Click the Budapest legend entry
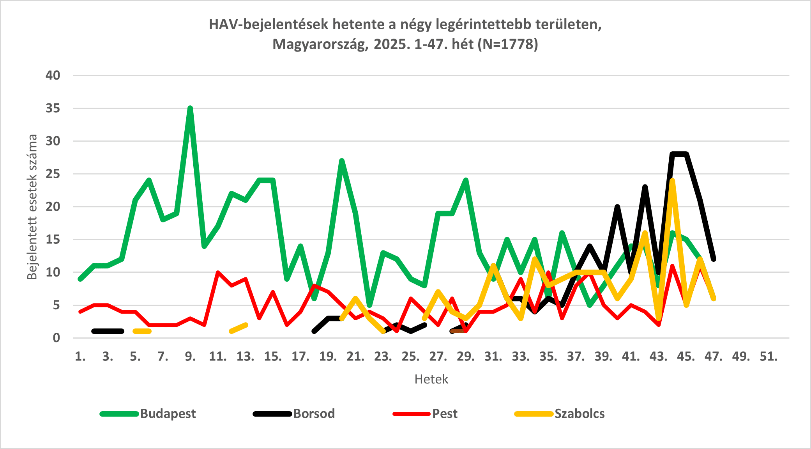pos(168,414)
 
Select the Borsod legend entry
pos(314,414)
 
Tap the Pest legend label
pos(445,414)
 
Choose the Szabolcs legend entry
pos(580,414)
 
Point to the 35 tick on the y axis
pos(53,108)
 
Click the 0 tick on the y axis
pos(57,338)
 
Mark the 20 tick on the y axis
pos(53,207)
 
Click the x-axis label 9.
pos(190,357)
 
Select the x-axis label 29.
pos(466,357)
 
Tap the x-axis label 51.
pos(769,357)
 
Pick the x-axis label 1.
pos(80,357)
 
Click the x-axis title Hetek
pos(431,379)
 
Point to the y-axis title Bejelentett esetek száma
pos(32,207)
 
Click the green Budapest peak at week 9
pos(190,108)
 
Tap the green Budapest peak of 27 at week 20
pos(342,161)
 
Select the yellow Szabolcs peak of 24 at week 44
pos(672,181)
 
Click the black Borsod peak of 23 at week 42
pos(645,187)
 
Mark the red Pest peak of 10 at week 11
pos(218,272)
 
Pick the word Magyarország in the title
pos(320,44)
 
